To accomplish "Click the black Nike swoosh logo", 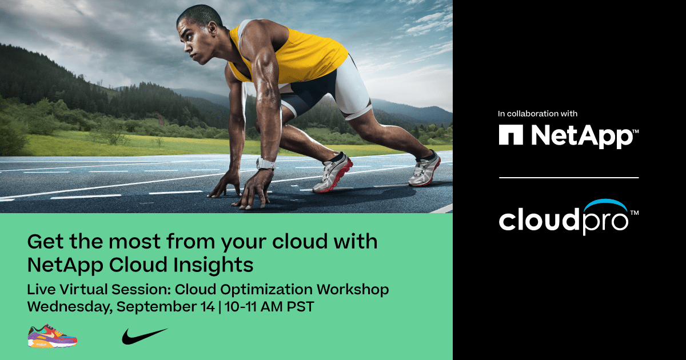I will pyautogui.click(x=144, y=336).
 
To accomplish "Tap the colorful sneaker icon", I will pyautogui.click(x=52, y=336).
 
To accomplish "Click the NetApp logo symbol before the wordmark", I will pyautogui.click(x=511, y=135).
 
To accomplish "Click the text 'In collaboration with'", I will pyautogui.click(x=537, y=114).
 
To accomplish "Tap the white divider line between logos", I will pyautogui.click(x=568, y=178).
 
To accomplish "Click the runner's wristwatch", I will pyautogui.click(x=265, y=164).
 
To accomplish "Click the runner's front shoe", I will pyautogui.click(x=333, y=174).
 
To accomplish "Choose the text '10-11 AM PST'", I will pyautogui.click(x=269, y=306).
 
